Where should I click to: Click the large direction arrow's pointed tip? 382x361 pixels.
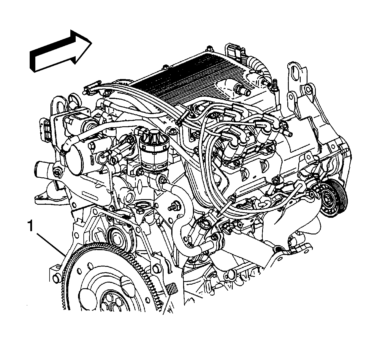(92, 43)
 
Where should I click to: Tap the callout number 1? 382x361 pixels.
(31, 226)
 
